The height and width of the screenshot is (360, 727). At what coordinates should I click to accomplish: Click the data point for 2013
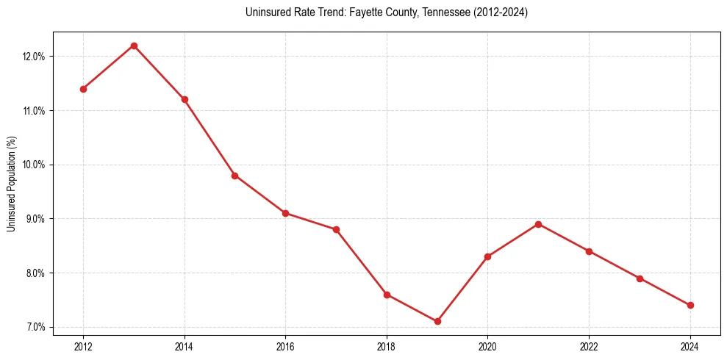(x=134, y=46)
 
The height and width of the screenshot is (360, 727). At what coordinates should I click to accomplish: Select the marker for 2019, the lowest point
(x=437, y=321)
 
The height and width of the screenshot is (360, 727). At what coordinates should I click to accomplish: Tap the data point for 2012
(x=83, y=89)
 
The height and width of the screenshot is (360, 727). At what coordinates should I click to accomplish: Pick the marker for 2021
(x=538, y=224)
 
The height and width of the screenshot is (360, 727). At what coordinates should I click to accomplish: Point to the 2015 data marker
(x=234, y=176)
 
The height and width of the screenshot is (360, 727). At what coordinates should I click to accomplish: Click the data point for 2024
(x=690, y=305)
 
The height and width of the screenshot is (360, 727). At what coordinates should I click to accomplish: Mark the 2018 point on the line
(x=387, y=295)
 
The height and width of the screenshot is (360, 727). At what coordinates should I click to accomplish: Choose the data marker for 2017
(x=336, y=229)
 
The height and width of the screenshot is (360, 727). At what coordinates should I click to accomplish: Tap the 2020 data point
(x=487, y=256)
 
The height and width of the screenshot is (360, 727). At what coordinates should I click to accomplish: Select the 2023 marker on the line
(x=640, y=278)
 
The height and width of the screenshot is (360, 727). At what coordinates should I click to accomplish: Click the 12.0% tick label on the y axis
(x=35, y=57)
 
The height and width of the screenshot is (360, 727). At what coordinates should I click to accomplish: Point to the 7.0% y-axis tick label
(x=36, y=327)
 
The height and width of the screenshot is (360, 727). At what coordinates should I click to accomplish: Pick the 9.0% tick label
(x=36, y=219)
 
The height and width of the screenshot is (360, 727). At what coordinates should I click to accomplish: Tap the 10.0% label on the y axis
(x=35, y=165)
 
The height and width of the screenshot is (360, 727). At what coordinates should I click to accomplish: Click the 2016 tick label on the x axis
(x=285, y=346)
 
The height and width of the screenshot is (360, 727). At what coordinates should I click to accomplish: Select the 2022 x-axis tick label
(x=589, y=346)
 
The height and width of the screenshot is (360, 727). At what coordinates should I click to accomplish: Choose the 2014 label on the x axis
(x=185, y=346)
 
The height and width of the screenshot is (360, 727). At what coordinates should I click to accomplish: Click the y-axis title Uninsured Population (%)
(x=12, y=184)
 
